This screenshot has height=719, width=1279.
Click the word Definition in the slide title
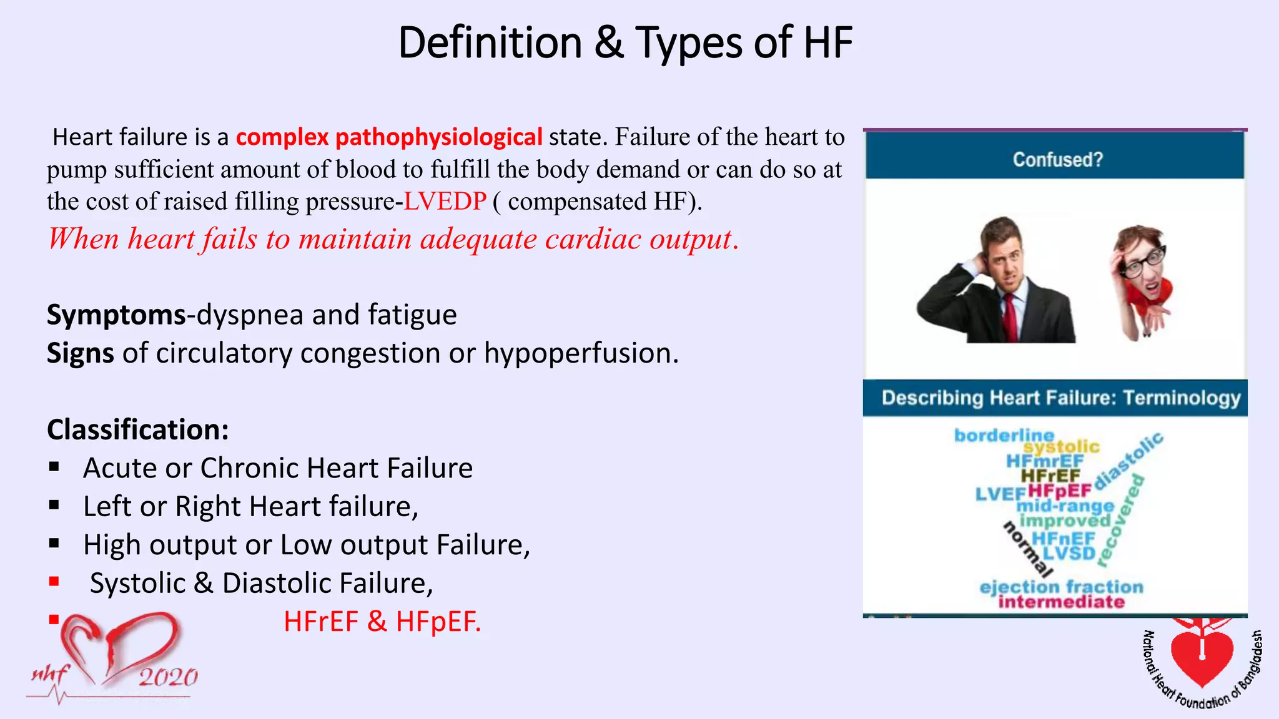(490, 43)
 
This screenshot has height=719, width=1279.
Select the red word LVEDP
(445, 202)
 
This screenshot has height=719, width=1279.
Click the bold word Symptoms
(116, 315)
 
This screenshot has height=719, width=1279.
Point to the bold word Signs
(80, 354)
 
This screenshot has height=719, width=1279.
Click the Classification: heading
(138, 430)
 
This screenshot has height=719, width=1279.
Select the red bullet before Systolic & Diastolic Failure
(54, 582)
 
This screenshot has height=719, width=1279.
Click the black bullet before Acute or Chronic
(54, 467)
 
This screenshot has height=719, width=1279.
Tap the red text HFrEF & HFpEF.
(382, 622)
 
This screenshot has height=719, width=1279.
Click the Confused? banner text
(1057, 160)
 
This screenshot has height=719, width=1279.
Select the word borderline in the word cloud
(1004, 435)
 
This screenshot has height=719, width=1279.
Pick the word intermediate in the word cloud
(1061, 602)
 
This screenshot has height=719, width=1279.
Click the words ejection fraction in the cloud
(1061, 587)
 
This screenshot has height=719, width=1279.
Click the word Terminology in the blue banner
(1182, 398)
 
